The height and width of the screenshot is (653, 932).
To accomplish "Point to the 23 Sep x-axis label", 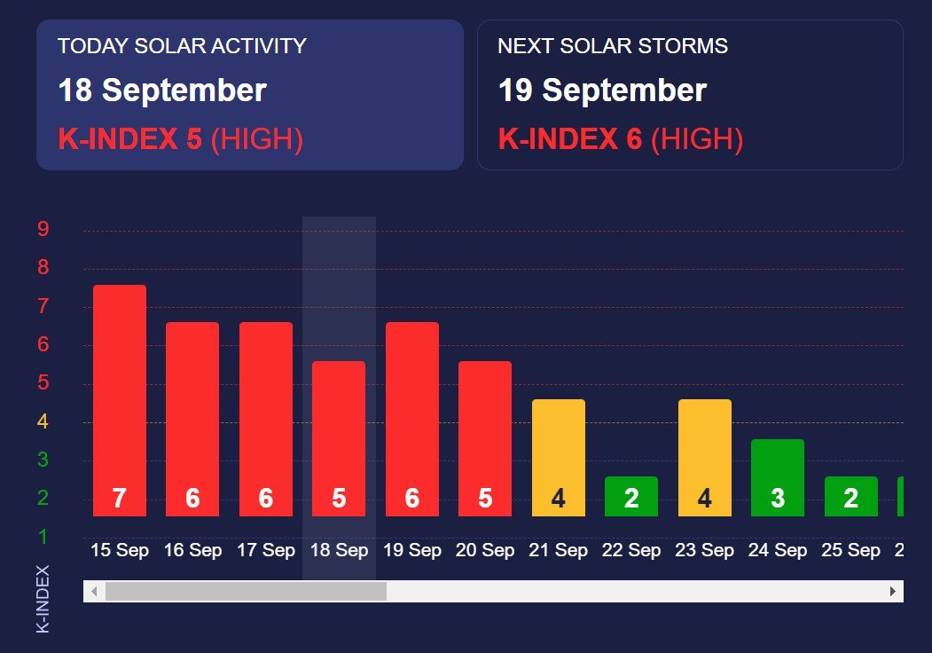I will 704,551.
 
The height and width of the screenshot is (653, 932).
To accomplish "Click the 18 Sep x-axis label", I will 339,551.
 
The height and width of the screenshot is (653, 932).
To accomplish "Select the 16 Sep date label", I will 192,551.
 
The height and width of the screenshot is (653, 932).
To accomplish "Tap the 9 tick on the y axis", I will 43,229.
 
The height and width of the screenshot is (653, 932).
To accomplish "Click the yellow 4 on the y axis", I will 43,421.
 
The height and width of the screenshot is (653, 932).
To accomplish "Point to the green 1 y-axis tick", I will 43,537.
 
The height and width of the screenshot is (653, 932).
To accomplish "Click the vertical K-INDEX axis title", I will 43,599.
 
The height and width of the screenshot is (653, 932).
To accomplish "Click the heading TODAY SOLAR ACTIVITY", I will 182,46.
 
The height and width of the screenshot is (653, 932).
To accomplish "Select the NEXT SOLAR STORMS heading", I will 613,46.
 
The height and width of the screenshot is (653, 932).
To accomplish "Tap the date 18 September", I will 162,90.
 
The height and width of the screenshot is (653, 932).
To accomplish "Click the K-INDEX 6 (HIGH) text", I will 620,139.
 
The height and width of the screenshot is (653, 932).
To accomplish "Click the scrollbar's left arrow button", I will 93,592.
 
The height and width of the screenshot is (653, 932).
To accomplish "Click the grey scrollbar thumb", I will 246,592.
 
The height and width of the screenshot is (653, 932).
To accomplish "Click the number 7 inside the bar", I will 119,500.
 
